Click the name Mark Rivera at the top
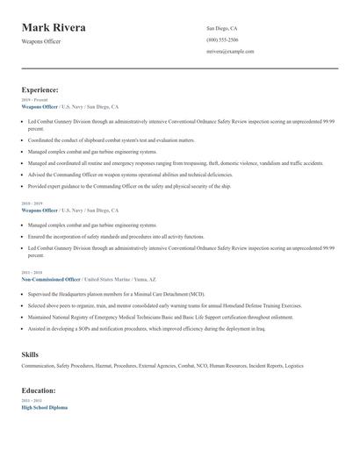point(54,28)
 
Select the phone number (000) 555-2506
point(222,39)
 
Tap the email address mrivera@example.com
point(230,52)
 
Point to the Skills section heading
point(29,354)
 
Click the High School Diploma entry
point(44,408)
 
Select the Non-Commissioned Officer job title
point(50,279)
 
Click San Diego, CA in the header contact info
point(221,28)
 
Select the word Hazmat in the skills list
point(106,367)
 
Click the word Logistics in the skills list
point(294,367)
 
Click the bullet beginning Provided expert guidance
point(129,186)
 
